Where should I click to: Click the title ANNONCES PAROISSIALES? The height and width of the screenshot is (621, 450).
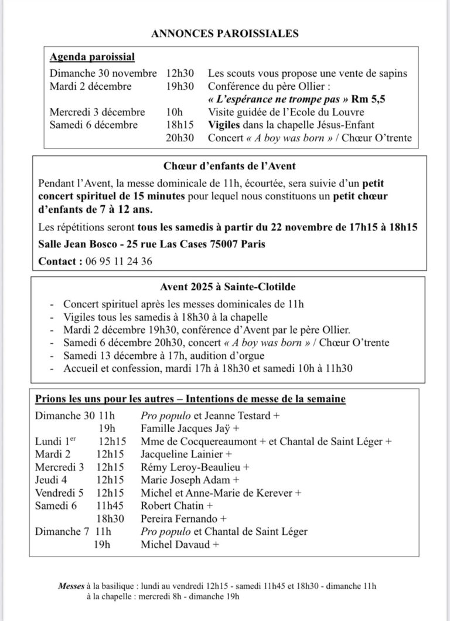(x=225, y=33)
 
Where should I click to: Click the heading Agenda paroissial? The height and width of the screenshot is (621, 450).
(x=92, y=57)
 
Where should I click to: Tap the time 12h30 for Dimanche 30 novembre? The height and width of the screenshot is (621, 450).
(x=179, y=73)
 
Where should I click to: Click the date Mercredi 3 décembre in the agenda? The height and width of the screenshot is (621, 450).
(x=97, y=112)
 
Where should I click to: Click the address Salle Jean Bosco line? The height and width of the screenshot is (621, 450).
(x=152, y=243)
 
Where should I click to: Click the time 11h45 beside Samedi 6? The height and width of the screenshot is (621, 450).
(x=110, y=505)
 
